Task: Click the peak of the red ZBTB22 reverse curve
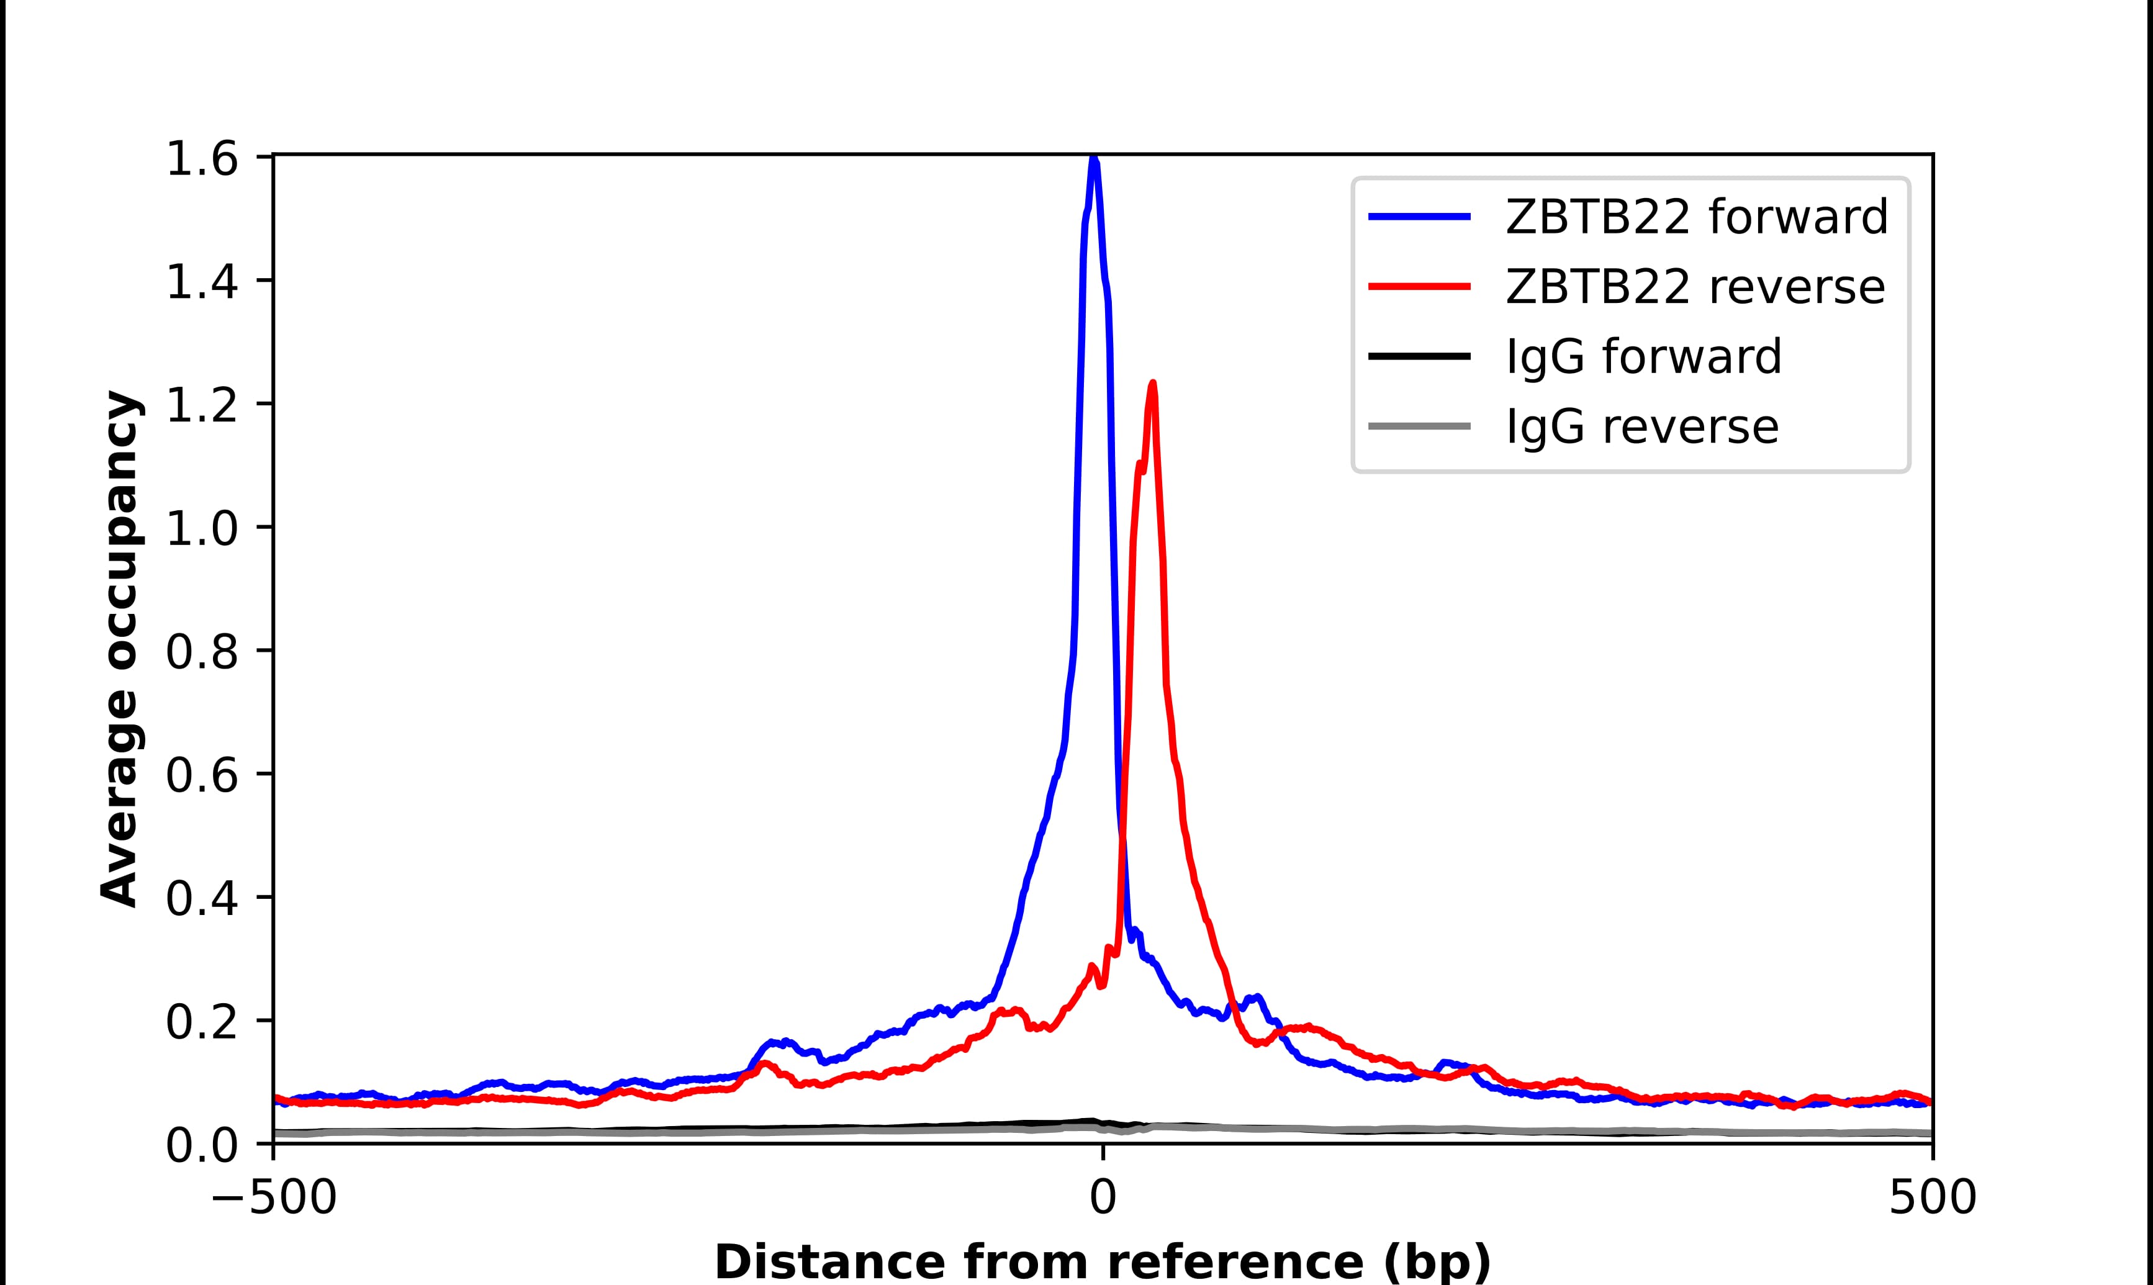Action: coord(1152,384)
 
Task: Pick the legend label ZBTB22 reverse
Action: coord(1695,287)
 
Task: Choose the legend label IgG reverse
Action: coord(1642,427)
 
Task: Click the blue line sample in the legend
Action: coord(1419,217)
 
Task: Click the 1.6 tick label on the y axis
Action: coord(201,160)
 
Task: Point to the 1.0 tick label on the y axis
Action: coord(201,528)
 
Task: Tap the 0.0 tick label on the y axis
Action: coord(201,1145)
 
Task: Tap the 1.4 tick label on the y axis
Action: coord(201,283)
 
